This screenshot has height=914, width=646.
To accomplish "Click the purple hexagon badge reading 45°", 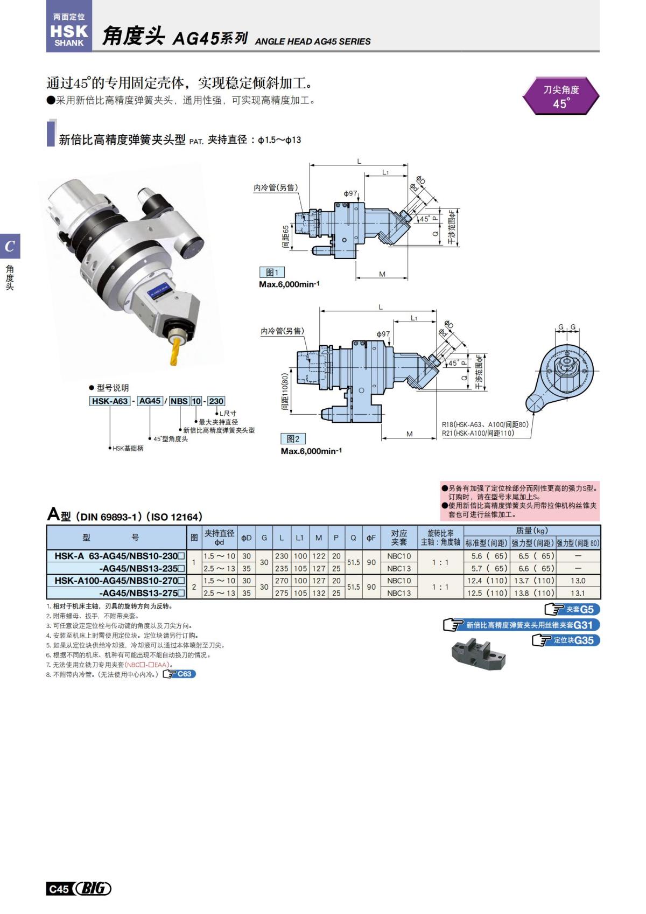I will pos(560,96).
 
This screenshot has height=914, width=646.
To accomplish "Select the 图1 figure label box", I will pos(272,273).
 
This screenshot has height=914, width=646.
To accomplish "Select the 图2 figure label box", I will pos(293,439).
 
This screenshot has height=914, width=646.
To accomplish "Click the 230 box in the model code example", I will pos(216,401).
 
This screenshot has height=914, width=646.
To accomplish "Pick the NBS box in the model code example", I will pos(179,401).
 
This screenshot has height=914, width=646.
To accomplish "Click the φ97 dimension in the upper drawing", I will pos(350,193).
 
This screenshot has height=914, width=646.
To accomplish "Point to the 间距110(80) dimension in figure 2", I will pos(285,392).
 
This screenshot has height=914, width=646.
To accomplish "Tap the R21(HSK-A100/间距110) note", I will pos(478,433).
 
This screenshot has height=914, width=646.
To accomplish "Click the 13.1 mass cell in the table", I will pos(578,593).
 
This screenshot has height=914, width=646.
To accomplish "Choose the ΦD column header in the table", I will pos(246,538).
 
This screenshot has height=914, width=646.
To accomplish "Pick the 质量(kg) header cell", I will pos(531,531).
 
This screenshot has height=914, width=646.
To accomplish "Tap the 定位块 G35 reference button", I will pos(565,640).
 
